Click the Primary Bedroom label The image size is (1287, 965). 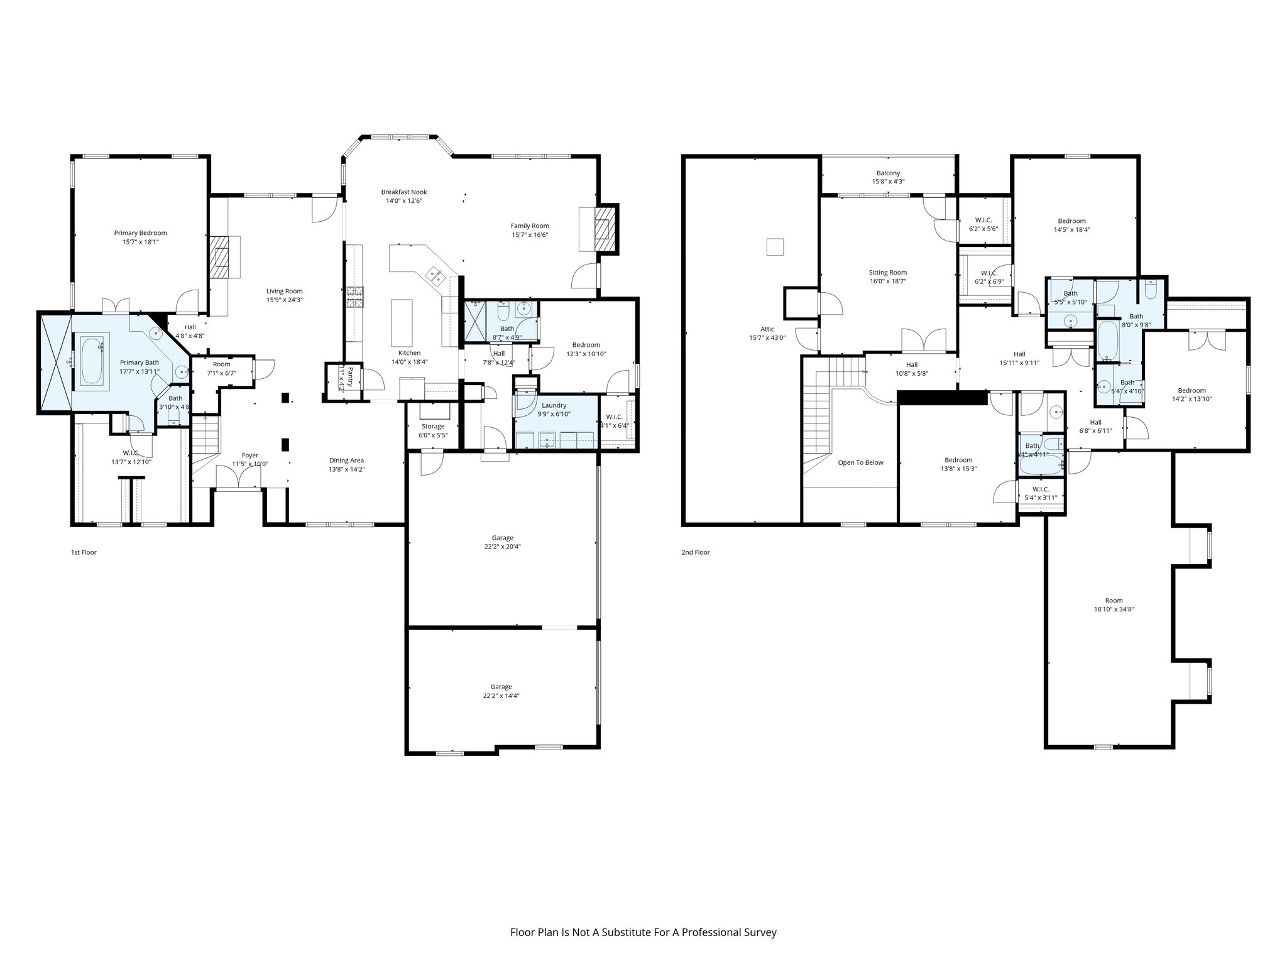pyautogui.click(x=140, y=233)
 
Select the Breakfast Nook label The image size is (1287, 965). pyautogui.click(x=403, y=192)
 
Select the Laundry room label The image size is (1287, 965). pyautogui.click(x=554, y=405)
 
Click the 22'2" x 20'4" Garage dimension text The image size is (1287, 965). pyautogui.click(x=502, y=547)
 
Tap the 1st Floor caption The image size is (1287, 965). pyautogui.click(x=84, y=552)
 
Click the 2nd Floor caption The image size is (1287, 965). pyautogui.click(x=695, y=552)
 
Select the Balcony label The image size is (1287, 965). pyautogui.click(x=888, y=173)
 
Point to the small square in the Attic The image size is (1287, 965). pyautogui.click(x=775, y=247)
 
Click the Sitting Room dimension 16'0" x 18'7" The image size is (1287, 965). pyautogui.click(x=888, y=281)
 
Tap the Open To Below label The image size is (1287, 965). pyautogui.click(x=860, y=462)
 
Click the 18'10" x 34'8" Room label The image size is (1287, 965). pyautogui.click(x=1114, y=609)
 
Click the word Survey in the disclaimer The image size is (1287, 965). pyautogui.click(x=761, y=932)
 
